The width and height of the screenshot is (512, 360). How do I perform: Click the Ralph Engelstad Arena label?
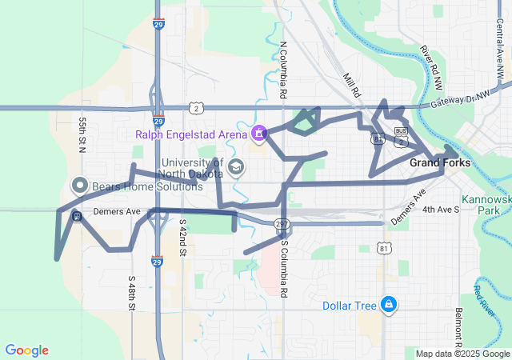[x=191, y=134]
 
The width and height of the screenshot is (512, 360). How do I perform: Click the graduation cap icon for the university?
[x=236, y=166]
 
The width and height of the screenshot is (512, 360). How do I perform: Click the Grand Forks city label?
[x=440, y=162]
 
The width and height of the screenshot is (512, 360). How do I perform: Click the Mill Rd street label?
[x=352, y=85]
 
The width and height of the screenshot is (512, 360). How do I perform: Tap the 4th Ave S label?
[x=441, y=210]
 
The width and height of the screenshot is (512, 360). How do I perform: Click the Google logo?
[x=27, y=350]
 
